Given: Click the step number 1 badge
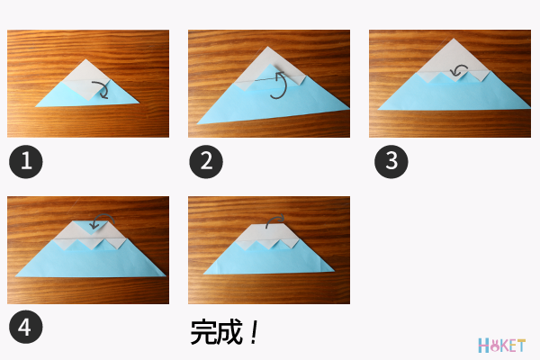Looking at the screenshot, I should (x=26, y=162).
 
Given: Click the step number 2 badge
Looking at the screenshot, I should (x=207, y=162).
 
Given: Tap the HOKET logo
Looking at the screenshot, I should (x=501, y=345).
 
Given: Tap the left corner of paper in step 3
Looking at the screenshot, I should (x=379, y=109).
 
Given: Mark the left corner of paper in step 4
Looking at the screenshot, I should (x=15, y=275).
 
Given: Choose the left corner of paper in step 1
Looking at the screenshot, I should (x=37, y=105).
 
